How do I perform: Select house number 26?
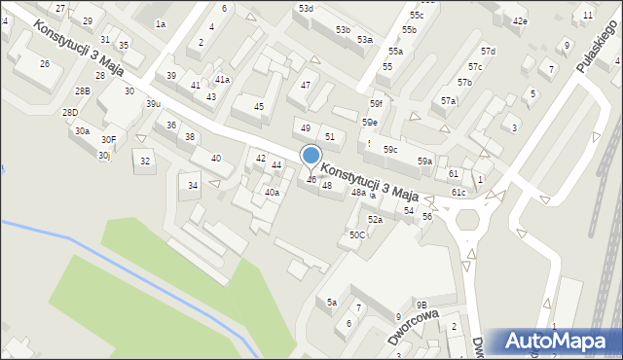pos(45,63)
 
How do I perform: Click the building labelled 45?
pos(259,107)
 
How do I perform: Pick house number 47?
pos(306,86)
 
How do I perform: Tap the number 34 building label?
pos(194,185)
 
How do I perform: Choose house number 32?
pos(145,161)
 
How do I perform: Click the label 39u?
pos(153,104)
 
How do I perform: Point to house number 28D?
pos(70,113)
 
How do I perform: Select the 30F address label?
pos(108,140)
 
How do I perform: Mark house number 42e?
pos(520,21)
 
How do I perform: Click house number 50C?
pos(357,234)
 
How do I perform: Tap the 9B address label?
pos(421,305)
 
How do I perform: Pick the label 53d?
pos(307,8)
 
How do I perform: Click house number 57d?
pos(488,51)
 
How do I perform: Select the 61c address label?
pos(458,193)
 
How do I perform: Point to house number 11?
pos(588,16)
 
